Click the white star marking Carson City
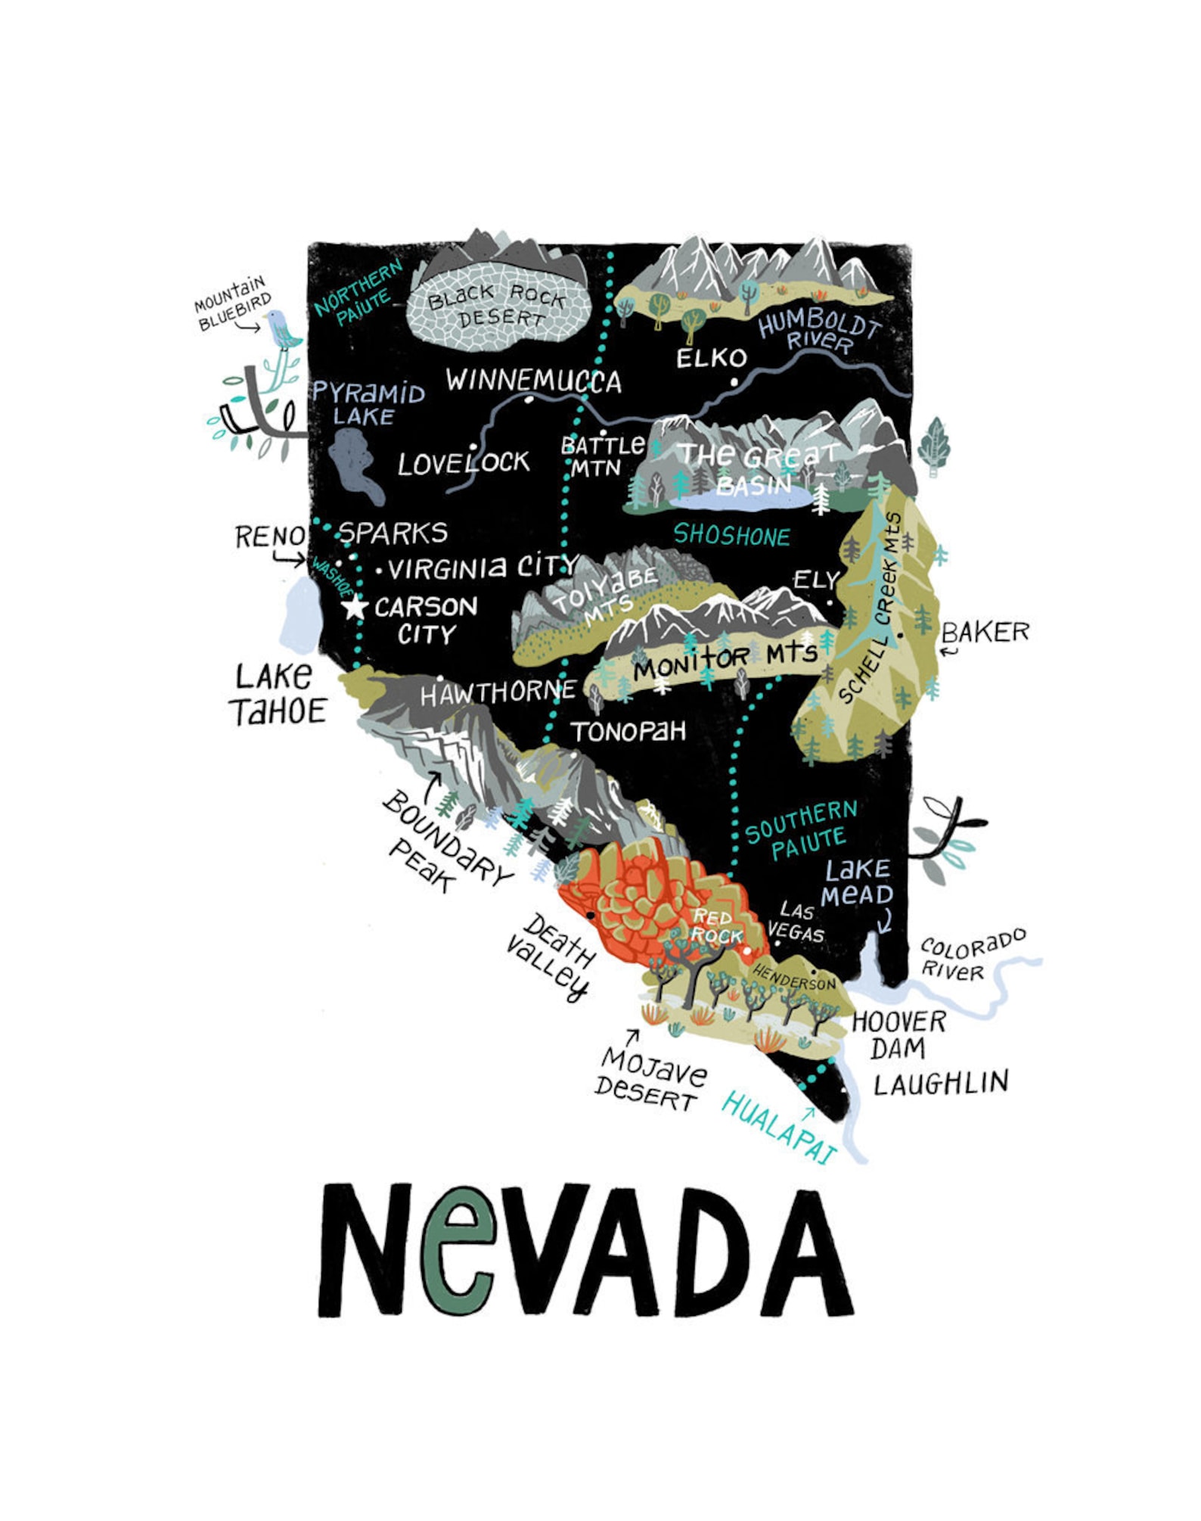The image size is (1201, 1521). coord(354,607)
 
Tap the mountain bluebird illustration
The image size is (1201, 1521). coord(281,328)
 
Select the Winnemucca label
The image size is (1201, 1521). coord(533,381)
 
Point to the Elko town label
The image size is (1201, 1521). coord(711,358)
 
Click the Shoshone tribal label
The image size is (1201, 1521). coord(731,536)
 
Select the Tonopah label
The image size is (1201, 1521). coord(628,732)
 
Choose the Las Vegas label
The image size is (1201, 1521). coord(796,922)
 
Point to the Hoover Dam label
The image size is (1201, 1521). coord(898,1034)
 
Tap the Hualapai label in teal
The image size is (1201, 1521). coord(779,1128)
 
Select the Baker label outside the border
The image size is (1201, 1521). coord(985,632)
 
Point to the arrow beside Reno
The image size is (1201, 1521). coord(289,561)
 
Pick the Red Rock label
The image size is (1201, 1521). coord(715,927)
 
